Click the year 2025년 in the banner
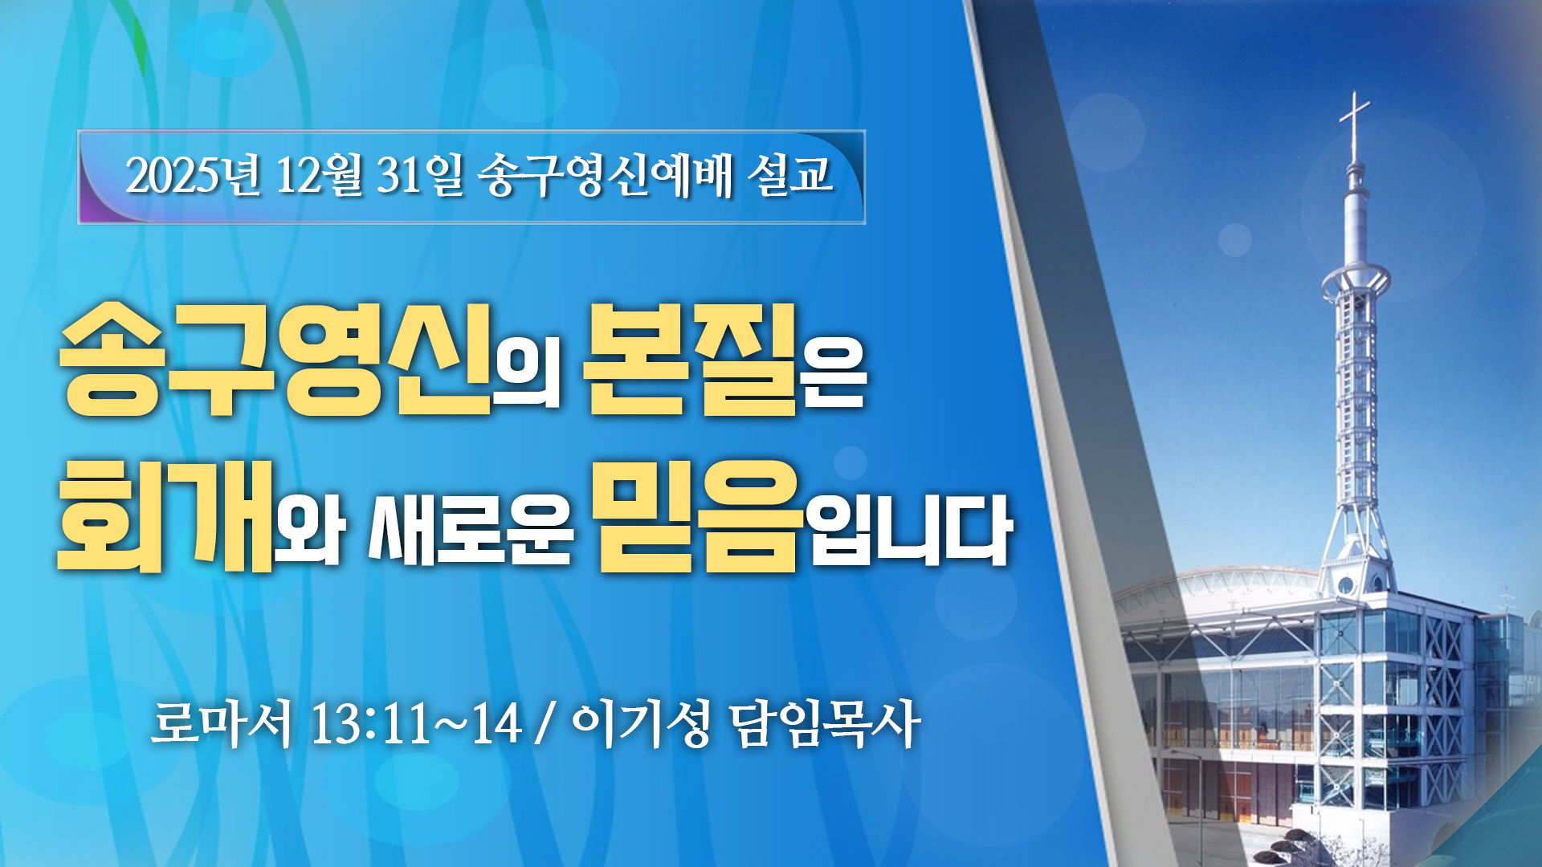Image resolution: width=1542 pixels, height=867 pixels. [x=194, y=175]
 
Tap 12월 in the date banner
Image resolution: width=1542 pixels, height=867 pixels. [x=319, y=175]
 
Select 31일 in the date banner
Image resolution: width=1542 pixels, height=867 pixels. [x=420, y=175]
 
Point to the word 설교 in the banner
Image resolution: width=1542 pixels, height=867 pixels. [x=790, y=175]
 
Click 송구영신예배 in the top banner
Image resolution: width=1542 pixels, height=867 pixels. [x=606, y=175]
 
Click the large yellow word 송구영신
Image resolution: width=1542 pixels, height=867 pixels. [x=275, y=360]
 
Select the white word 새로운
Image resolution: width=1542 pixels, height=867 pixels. [x=471, y=528]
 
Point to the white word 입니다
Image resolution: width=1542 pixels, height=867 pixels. [x=909, y=528]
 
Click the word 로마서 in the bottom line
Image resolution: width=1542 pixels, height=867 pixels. [x=222, y=724]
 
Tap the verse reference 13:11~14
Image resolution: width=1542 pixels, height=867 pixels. [x=416, y=724]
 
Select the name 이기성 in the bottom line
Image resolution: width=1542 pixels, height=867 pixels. [x=641, y=724]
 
